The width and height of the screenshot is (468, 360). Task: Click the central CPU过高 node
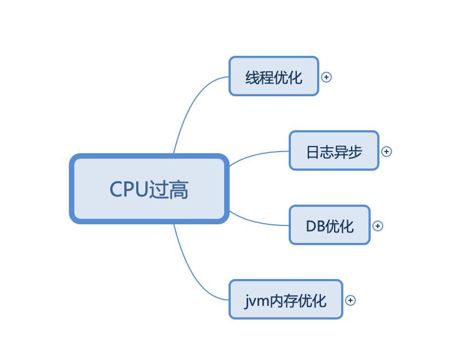(x=149, y=189)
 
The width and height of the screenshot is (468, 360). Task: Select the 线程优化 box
(x=273, y=76)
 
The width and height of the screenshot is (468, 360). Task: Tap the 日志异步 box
(x=334, y=150)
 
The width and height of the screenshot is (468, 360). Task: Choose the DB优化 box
(x=329, y=225)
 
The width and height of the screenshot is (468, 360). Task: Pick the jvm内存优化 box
(x=285, y=299)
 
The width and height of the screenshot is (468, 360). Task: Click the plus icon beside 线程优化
(x=326, y=77)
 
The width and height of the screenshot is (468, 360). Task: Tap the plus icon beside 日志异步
(x=387, y=152)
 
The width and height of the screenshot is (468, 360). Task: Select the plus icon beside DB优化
(x=378, y=226)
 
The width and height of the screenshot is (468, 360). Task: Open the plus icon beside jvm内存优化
(x=350, y=300)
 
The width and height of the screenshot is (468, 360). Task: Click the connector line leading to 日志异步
(x=257, y=153)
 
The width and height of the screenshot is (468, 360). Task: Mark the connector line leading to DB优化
(x=257, y=222)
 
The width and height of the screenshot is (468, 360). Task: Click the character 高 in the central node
(x=179, y=190)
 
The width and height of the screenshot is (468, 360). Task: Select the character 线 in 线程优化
(x=252, y=77)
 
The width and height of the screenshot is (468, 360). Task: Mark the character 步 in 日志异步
(x=355, y=152)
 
